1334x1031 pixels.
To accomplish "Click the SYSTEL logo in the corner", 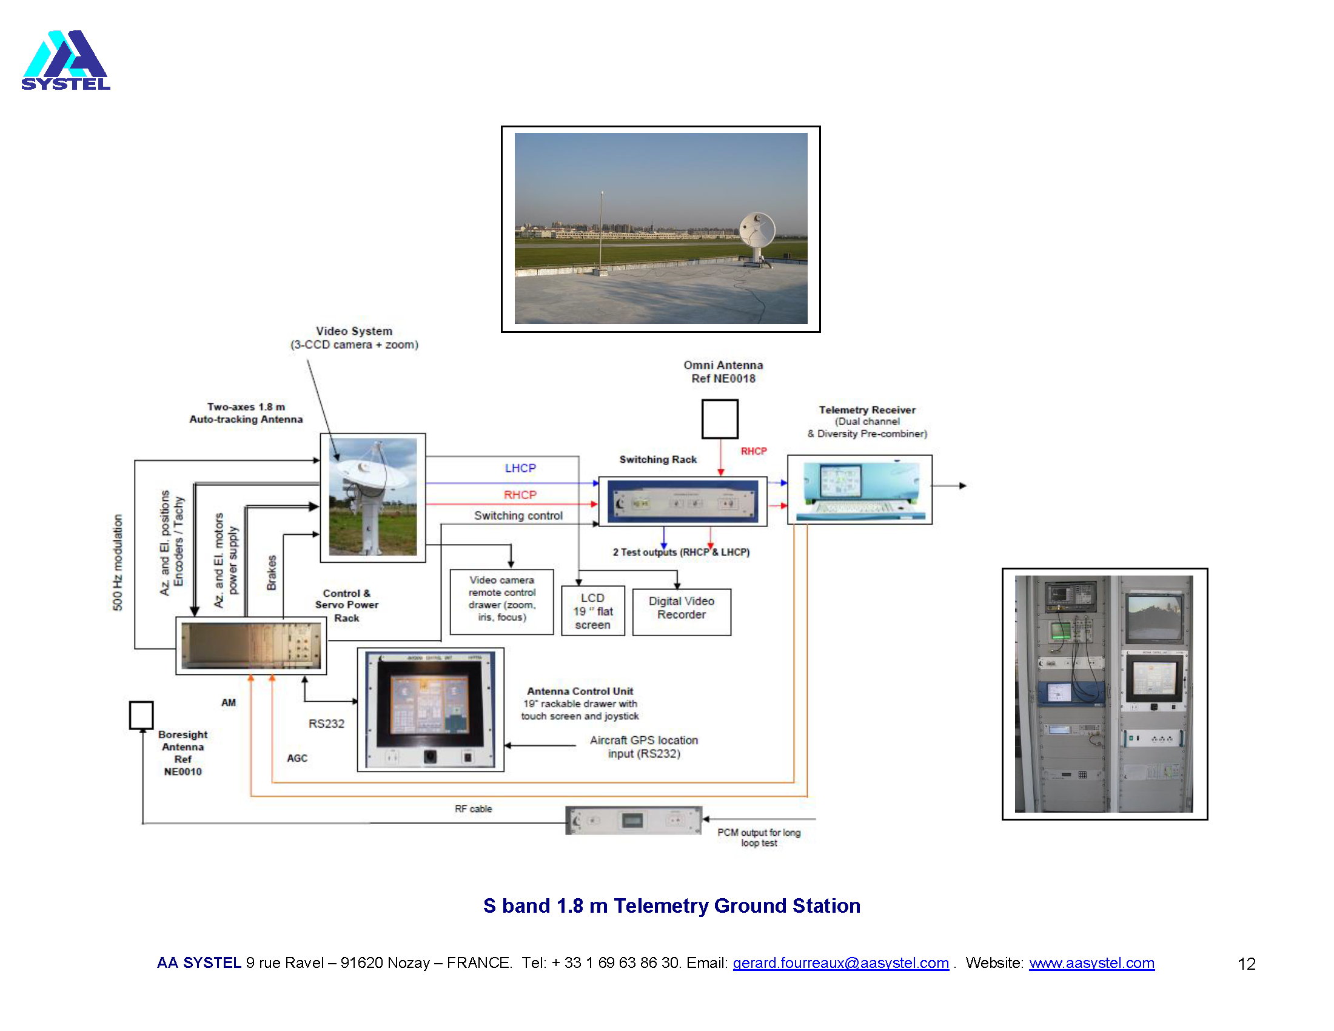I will (66, 61).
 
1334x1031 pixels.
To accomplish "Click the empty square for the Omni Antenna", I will (720, 419).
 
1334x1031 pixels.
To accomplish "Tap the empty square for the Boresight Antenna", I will (141, 714).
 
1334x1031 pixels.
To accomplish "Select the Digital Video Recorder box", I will (681, 611).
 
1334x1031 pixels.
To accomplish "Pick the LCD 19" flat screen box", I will (592, 611).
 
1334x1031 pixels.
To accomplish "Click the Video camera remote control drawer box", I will (501, 601).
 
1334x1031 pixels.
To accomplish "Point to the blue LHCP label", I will (520, 468).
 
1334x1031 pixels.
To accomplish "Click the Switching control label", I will (518, 515).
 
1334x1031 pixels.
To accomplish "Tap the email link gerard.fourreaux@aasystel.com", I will (840, 962).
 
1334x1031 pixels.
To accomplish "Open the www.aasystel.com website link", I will (1091, 962).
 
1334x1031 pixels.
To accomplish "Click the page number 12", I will (1246, 964).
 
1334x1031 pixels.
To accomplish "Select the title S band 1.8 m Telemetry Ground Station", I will (671, 905).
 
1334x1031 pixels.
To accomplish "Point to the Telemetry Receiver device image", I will (859, 490).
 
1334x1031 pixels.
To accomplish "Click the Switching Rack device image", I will (682, 502).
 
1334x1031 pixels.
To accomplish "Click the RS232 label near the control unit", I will (326, 724).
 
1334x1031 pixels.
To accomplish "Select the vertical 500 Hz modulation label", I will (117, 562).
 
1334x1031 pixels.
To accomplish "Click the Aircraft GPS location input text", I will (644, 747).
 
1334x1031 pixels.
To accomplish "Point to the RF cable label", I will (473, 808).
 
